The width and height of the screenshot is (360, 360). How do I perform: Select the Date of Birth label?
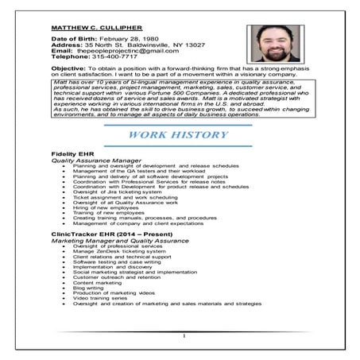pos(68,39)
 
